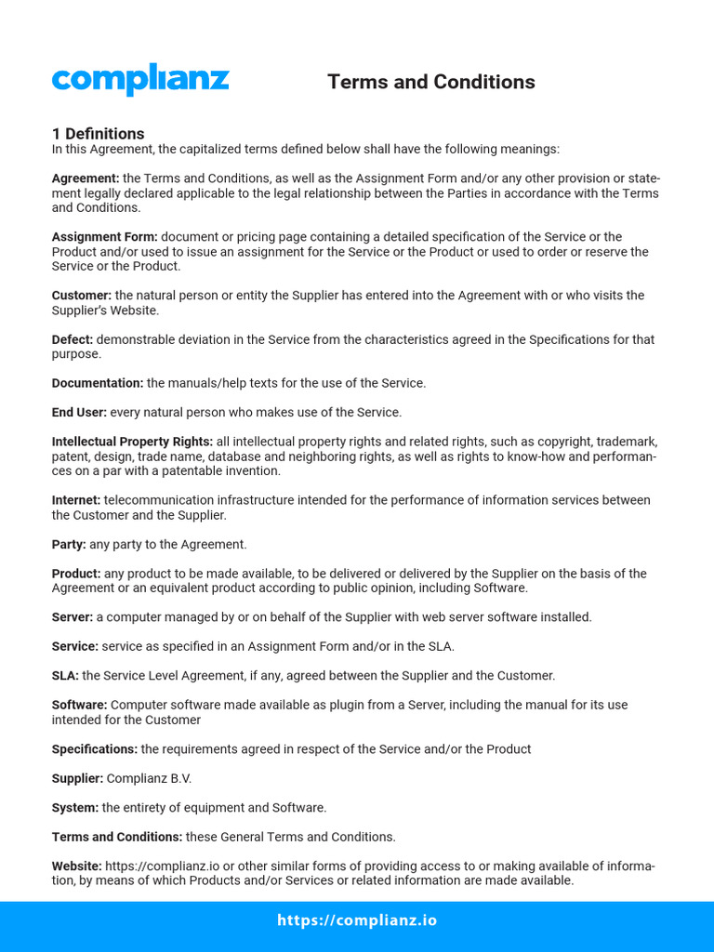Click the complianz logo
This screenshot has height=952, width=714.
tap(139, 80)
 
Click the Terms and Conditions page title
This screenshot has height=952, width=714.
tap(430, 82)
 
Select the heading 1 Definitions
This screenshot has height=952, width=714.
tap(98, 134)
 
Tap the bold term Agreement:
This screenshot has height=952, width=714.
tap(86, 178)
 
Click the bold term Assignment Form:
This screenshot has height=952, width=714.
tap(104, 237)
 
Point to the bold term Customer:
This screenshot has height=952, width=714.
tap(82, 296)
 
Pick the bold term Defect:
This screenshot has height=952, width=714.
tap(73, 339)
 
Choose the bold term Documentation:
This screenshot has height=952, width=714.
tap(98, 383)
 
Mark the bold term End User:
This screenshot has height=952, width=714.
tap(79, 412)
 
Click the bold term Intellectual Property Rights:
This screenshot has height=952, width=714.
tap(132, 442)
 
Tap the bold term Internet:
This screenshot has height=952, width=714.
tap(76, 500)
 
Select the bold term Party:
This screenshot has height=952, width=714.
tap(69, 544)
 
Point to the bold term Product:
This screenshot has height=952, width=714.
tap(76, 574)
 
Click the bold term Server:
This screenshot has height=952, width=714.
tap(73, 617)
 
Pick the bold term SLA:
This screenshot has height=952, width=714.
tap(65, 676)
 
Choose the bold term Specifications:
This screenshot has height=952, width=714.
tap(95, 749)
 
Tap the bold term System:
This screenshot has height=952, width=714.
tap(75, 808)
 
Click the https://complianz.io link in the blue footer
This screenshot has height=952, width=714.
tap(357, 921)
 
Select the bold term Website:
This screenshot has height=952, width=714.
tap(76, 866)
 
